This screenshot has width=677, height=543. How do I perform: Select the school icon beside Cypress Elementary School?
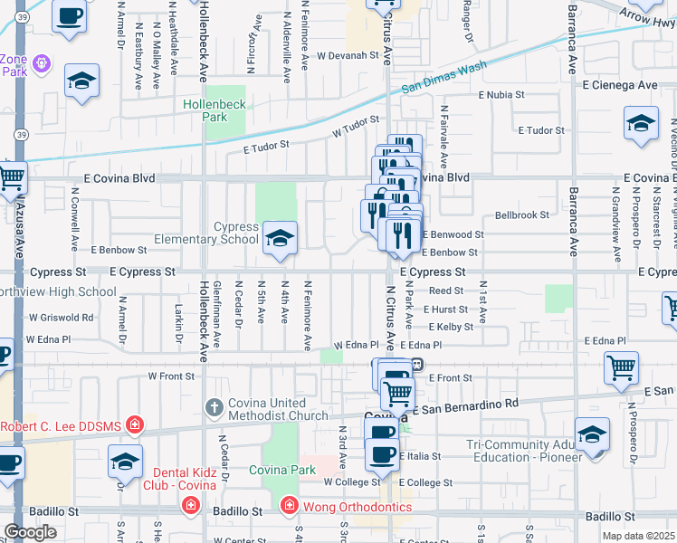coord(280,240)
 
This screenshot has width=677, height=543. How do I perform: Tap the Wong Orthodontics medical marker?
coord(289,504)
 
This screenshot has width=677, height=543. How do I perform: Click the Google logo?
coord(30,532)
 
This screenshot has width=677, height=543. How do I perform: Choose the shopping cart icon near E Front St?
coord(621,368)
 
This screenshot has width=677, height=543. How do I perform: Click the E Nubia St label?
coord(502,94)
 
